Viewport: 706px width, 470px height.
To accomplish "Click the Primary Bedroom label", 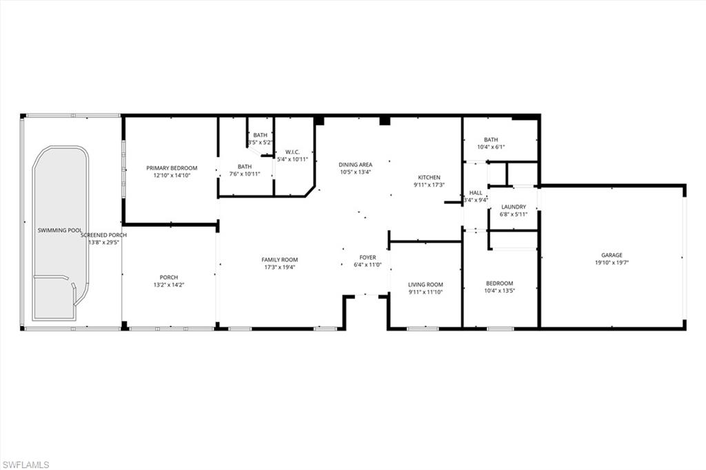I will click(x=172, y=168).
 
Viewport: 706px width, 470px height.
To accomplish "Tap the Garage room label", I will click(x=612, y=255).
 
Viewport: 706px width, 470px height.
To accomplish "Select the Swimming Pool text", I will click(x=59, y=229).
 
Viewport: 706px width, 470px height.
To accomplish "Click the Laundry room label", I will click(x=514, y=207).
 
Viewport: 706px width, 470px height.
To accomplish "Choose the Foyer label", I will click(x=367, y=258).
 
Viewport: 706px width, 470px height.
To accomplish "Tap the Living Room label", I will click(x=425, y=285).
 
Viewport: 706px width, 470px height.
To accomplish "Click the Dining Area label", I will click(x=356, y=165).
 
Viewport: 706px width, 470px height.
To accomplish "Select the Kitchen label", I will click(x=427, y=178).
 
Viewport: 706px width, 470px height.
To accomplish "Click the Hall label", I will click(x=476, y=193).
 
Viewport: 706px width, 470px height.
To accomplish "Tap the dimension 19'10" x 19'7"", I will click(x=612, y=263).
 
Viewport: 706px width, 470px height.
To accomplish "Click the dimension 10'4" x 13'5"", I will click(x=500, y=291).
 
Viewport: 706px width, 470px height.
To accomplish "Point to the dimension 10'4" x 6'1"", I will click(x=491, y=147).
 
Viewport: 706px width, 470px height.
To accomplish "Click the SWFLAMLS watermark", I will click(x=26, y=464).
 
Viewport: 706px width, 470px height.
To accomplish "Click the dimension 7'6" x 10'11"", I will click(x=245, y=174).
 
